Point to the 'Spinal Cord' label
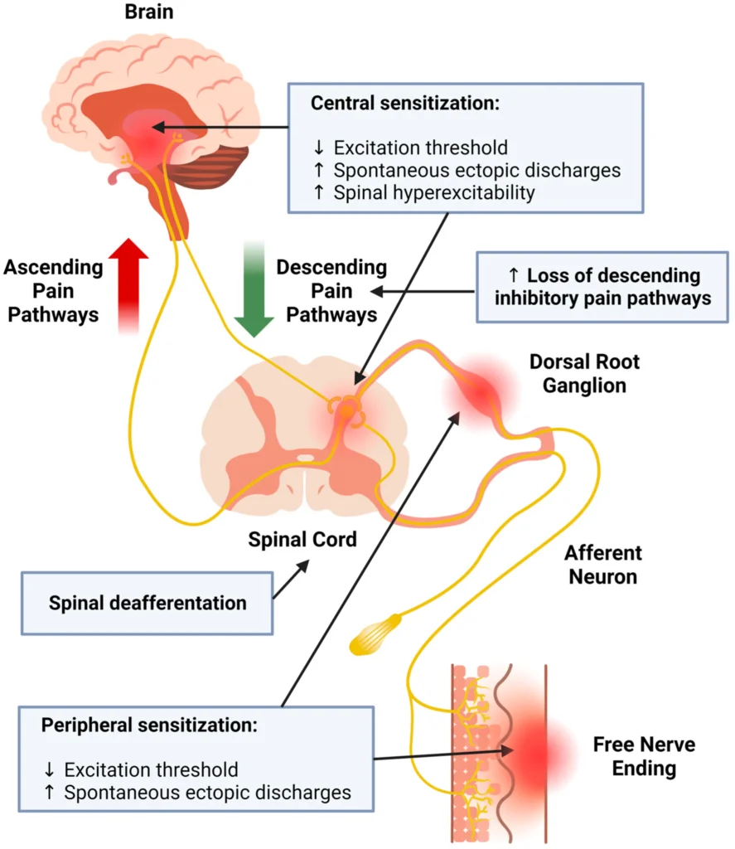coord(302,540)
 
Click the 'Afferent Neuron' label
coord(603,565)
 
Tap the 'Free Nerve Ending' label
coord(644,756)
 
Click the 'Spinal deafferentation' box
coord(147,603)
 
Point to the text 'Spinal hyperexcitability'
coord(434,193)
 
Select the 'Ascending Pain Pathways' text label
coord(53,291)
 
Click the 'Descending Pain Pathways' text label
coord(331,291)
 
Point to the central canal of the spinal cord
coord(306,457)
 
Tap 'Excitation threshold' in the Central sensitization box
coord(421,148)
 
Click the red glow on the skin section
coord(533,750)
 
